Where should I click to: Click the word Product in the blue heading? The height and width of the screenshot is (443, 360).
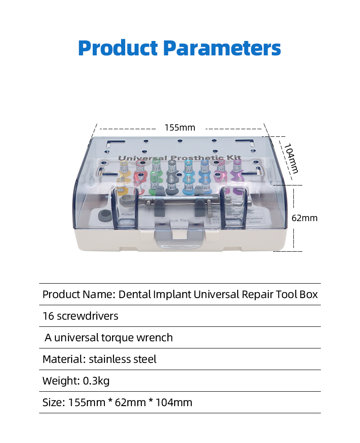(117, 48)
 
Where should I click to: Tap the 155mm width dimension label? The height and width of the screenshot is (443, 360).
(180, 127)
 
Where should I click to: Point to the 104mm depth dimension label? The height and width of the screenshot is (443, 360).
(290, 158)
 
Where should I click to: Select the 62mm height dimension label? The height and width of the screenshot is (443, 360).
(305, 218)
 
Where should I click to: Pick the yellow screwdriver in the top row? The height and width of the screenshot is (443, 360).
(124, 168)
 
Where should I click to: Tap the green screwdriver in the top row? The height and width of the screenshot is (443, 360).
(156, 167)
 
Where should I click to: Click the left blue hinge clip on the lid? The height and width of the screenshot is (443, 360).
(119, 207)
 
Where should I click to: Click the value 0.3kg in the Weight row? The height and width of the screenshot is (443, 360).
(96, 381)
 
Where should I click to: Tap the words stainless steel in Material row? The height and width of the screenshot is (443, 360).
(122, 359)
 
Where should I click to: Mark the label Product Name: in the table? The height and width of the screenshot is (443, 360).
(79, 294)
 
